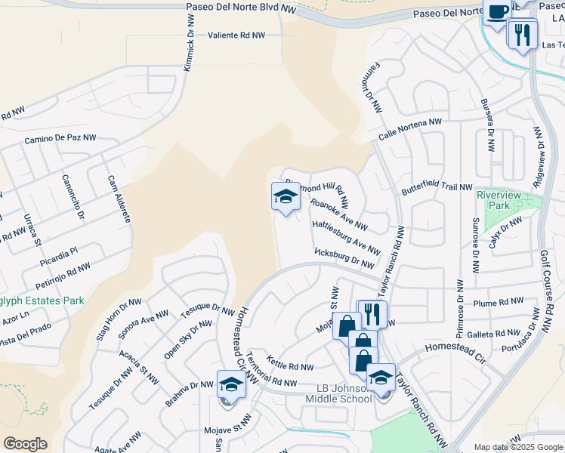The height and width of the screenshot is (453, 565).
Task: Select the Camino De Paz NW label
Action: click(60, 138)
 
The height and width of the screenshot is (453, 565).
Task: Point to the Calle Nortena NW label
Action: click(410, 131)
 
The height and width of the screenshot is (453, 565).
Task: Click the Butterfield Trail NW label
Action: click(437, 187)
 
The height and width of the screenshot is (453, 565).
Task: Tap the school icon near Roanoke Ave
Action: click(285, 198)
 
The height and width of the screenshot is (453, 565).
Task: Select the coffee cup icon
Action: click(498, 12)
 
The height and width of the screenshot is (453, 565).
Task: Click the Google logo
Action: click(25, 444)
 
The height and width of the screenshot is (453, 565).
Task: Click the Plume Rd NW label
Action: click(498, 302)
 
